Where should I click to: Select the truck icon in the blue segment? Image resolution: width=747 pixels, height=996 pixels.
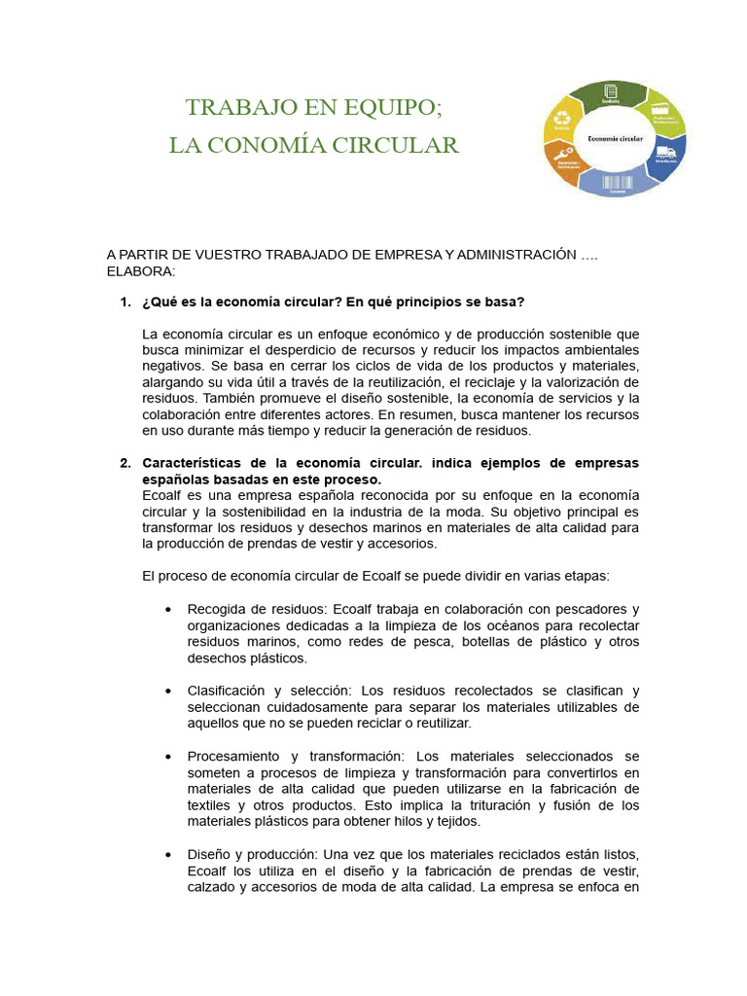(665, 153)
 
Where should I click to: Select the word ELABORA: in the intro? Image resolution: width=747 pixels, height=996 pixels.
(141, 270)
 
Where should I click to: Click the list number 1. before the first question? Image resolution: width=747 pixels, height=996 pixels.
(125, 302)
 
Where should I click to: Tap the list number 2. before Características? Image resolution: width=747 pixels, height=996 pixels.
(125, 462)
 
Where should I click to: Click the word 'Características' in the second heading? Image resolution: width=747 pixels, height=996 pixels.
(190, 462)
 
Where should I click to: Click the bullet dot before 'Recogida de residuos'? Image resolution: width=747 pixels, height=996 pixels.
(169, 609)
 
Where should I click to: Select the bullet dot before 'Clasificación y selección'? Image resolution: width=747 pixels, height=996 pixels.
(169, 691)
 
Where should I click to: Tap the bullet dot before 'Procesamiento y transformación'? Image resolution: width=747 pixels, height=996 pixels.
(169, 756)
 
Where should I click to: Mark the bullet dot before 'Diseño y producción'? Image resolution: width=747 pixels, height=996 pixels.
(169, 854)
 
